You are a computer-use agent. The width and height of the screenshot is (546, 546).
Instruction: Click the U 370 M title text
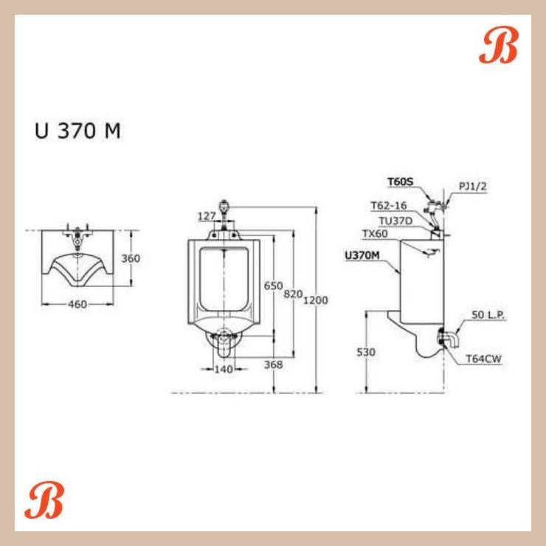(x=77, y=131)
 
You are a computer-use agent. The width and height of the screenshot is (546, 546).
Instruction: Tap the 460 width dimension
(x=77, y=304)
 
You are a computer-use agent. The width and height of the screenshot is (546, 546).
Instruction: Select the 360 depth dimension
(x=131, y=259)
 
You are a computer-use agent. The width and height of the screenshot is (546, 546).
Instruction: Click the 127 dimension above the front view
(x=206, y=216)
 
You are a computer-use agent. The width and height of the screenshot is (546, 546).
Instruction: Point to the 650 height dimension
(x=273, y=286)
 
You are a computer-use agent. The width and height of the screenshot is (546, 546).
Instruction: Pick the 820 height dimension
(x=293, y=294)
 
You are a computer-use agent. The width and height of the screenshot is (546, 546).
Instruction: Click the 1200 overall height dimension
(x=315, y=300)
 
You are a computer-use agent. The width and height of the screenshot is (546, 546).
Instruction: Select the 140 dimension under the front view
(x=223, y=369)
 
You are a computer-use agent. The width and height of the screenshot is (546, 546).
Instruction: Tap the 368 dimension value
(x=272, y=364)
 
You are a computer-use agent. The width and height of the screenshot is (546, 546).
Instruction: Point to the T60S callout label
(x=401, y=180)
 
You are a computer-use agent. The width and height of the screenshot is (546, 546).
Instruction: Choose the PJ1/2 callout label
(x=472, y=186)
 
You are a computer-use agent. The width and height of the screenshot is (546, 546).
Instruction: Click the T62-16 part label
(x=388, y=206)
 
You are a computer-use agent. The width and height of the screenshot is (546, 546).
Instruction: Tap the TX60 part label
(x=375, y=234)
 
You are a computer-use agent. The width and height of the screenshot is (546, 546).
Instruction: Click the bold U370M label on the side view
(x=362, y=256)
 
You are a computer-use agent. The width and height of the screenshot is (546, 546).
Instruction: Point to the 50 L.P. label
(x=488, y=316)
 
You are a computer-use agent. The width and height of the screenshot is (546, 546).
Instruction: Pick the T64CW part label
(x=484, y=359)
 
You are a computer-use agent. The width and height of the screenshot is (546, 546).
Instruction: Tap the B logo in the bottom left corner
(x=44, y=502)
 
